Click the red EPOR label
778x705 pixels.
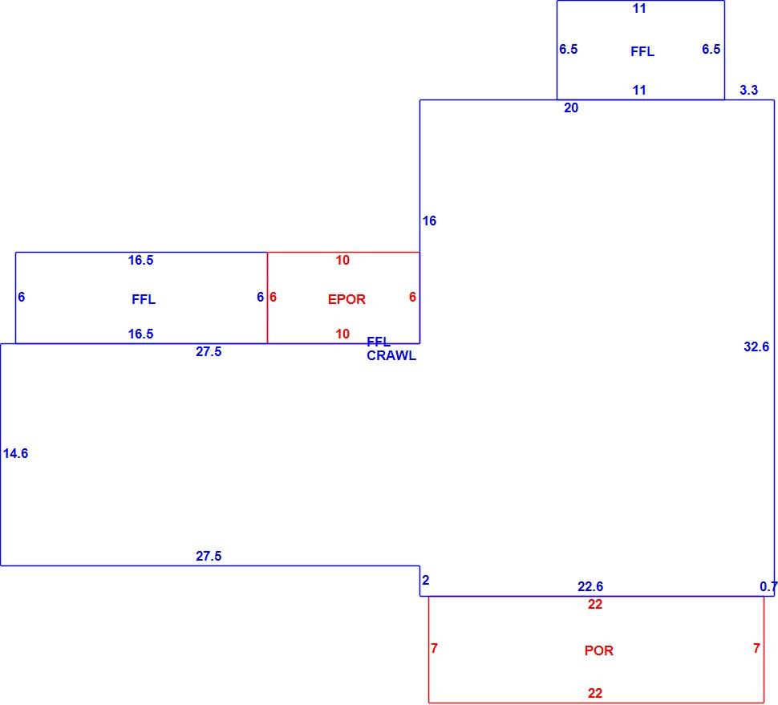click(x=346, y=299)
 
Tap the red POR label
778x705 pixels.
click(x=599, y=650)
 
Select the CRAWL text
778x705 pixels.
click(x=391, y=356)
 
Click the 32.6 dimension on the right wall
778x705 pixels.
click(x=756, y=346)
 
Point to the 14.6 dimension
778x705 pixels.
click(x=15, y=453)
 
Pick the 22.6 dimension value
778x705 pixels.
click(x=590, y=586)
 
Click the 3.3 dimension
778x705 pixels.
click(x=749, y=90)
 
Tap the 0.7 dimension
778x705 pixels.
click(x=768, y=586)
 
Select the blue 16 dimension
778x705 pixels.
click(x=429, y=221)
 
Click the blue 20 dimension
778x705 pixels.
click(x=571, y=107)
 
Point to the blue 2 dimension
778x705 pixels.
click(x=426, y=580)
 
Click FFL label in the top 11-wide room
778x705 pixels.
click(x=642, y=51)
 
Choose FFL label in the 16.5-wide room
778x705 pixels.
click(x=144, y=299)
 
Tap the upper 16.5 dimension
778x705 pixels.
click(x=141, y=260)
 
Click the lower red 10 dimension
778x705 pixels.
click(x=342, y=334)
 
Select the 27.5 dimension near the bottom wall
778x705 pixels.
click(x=209, y=556)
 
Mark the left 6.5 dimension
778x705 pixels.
click(x=568, y=49)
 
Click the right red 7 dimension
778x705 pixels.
click(x=756, y=648)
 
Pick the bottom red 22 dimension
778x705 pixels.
click(x=595, y=693)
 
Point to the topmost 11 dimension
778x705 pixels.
click(x=639, y=8)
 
